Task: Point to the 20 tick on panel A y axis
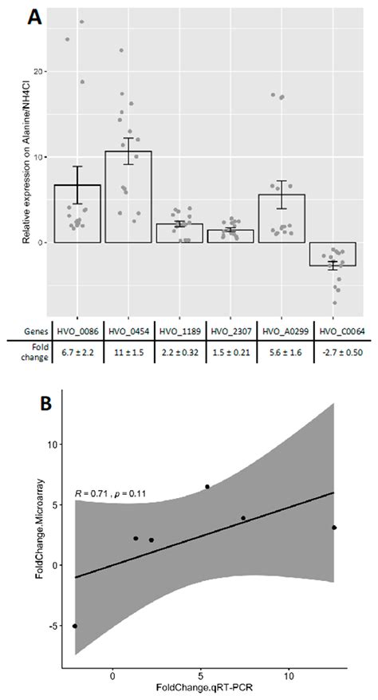coord(41,72)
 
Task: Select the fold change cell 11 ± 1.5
coord(128,358)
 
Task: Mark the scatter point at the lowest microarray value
coord(75,626)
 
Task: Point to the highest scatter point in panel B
coord(207,486)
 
